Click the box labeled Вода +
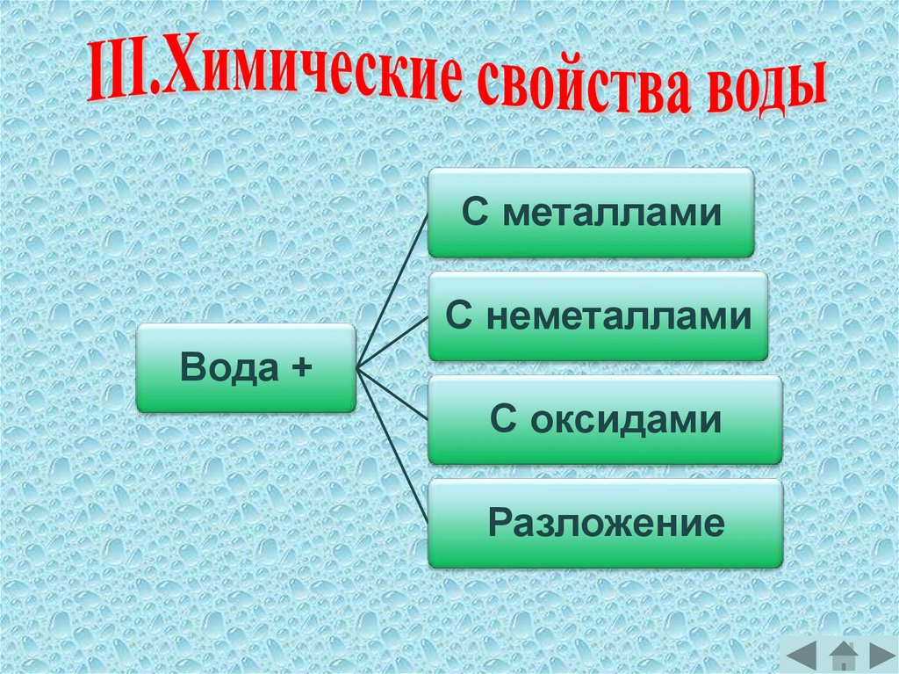[x=246, y=367]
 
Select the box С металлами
[x=591, y=214]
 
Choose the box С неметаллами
[x=598, y=316]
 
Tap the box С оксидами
[x=605, y=420]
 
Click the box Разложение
[x=605, y=524]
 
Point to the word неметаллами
[x=618, y=316]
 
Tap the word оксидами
[x=626, y=420]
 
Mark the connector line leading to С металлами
[x=391, y=290]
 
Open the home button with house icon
[x=843, y=656]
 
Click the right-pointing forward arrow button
[x=880, y=655]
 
